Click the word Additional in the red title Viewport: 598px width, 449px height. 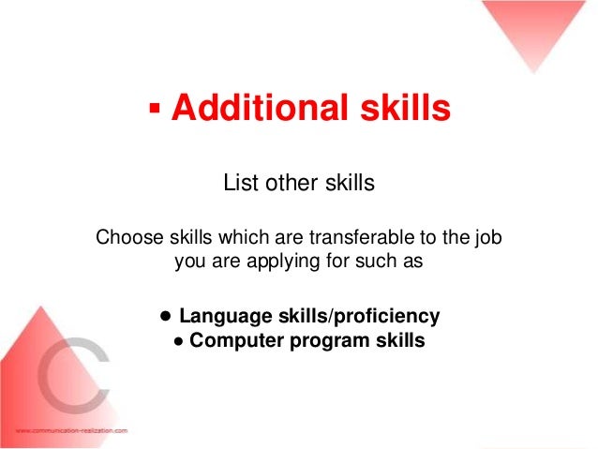[x=260, y=107]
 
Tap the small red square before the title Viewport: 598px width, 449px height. [x=155, y=108]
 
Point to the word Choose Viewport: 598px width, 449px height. [x=129, y=237]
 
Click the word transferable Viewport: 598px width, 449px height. [x=362, y=237]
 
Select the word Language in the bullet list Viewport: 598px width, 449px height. [x=226, y=317]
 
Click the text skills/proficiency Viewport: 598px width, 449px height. [x=359, y=317]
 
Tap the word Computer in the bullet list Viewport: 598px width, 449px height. [x=236, y=340]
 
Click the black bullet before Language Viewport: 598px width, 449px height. [x=166, y=316]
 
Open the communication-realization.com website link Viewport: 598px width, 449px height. [x=71, y=430]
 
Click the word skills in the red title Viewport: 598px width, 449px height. [x=406, y=107]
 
